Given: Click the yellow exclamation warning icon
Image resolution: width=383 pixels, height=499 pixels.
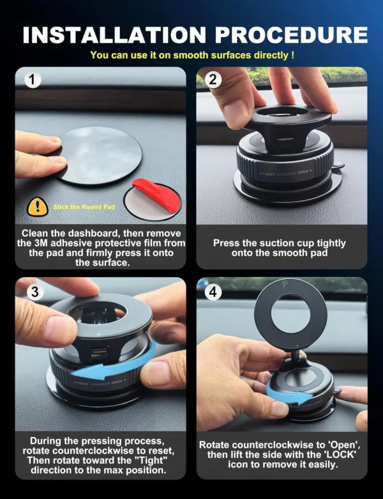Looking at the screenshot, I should (x=38, y=207).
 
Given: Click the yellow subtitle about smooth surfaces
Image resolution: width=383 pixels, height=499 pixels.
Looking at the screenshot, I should (x=191, y=56).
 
